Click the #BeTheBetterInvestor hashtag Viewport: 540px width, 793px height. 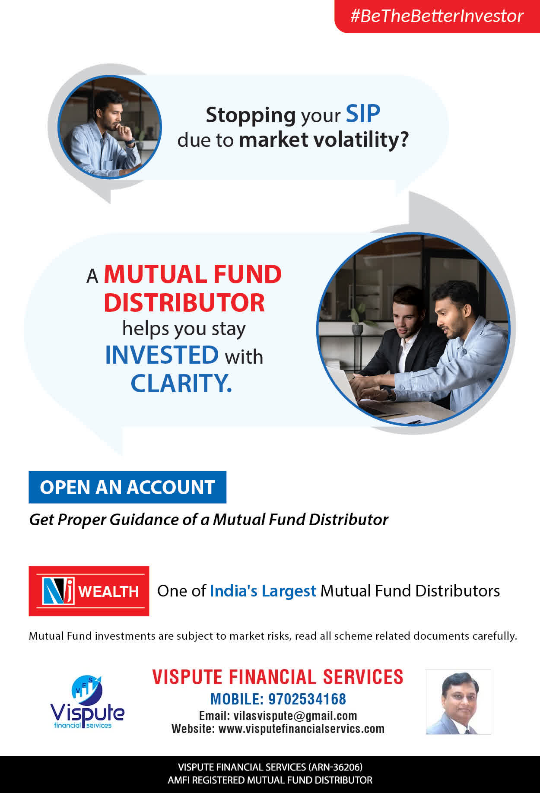437,16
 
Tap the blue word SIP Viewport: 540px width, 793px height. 363,114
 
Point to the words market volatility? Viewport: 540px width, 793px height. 324,140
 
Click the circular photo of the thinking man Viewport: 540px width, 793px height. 110,127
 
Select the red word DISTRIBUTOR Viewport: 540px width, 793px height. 184,302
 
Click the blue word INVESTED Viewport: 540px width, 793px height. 162,355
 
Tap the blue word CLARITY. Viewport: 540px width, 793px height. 181,383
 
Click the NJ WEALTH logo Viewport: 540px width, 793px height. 89,591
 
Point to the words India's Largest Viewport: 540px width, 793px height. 263,591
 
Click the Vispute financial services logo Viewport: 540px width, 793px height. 87,702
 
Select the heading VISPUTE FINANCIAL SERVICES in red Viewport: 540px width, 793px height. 278,677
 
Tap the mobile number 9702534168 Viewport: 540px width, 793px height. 307,699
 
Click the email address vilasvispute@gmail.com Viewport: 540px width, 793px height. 295,716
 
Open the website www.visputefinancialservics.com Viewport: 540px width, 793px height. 302,729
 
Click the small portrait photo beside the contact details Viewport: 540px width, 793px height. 458,702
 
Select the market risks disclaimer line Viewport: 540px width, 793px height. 273,636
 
